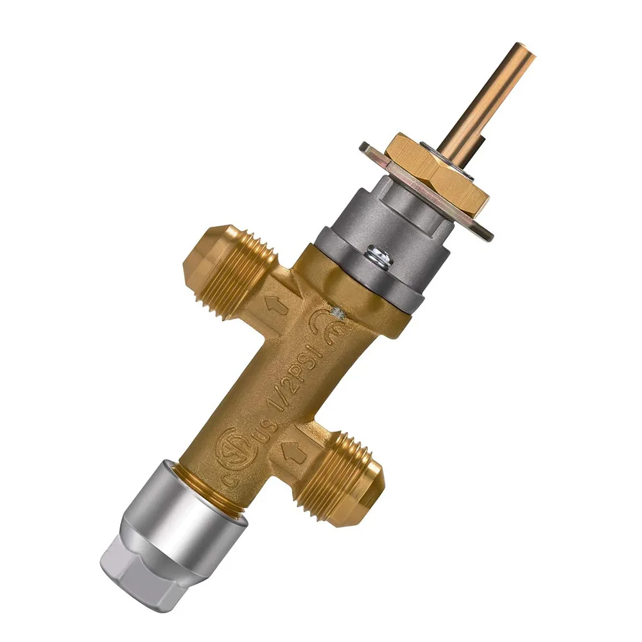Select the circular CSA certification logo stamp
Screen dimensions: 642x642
tap(232, 445)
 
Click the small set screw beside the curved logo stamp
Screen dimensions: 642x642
tap(336, 313)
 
